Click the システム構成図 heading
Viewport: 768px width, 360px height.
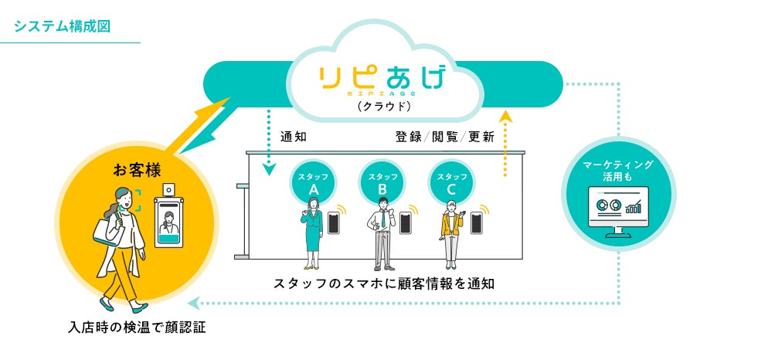coord(63,25)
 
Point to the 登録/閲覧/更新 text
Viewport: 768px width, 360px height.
coord(444,138)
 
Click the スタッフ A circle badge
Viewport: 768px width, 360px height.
coord(314,181)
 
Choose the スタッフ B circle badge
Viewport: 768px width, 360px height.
coord(383,181)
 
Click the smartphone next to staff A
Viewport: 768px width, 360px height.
coord(335,222)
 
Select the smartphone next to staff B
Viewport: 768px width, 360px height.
coord(403,222)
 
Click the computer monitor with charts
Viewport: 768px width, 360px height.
coord(618,210)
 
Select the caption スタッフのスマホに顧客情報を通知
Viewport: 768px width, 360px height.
coord(384,284)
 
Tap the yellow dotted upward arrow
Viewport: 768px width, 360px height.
coord(505,143)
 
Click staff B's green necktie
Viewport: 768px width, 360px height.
coord(382,221)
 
